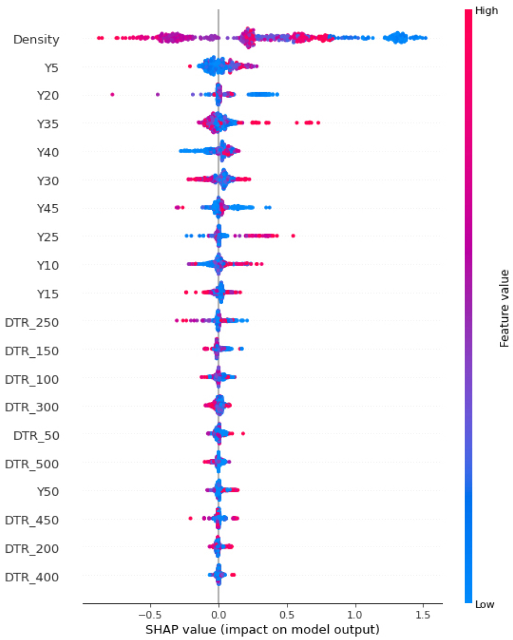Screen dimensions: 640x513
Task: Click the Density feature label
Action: (36, 40)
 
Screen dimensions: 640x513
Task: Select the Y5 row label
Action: (52, 68)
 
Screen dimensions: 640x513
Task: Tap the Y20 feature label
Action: (48, 96)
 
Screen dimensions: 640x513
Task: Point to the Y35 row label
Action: (48, 125)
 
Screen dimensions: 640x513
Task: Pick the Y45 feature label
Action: (48, 209)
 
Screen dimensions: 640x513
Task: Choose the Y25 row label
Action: (48, 238)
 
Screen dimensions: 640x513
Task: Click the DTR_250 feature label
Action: (32, 322)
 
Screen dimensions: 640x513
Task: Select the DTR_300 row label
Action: (32, 407)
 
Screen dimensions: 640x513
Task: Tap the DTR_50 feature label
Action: (36, 436)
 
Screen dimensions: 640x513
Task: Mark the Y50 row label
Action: (48, 492)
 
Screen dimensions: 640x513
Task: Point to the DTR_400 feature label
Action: (32, 577)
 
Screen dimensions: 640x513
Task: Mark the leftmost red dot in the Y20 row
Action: (112, 94)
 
